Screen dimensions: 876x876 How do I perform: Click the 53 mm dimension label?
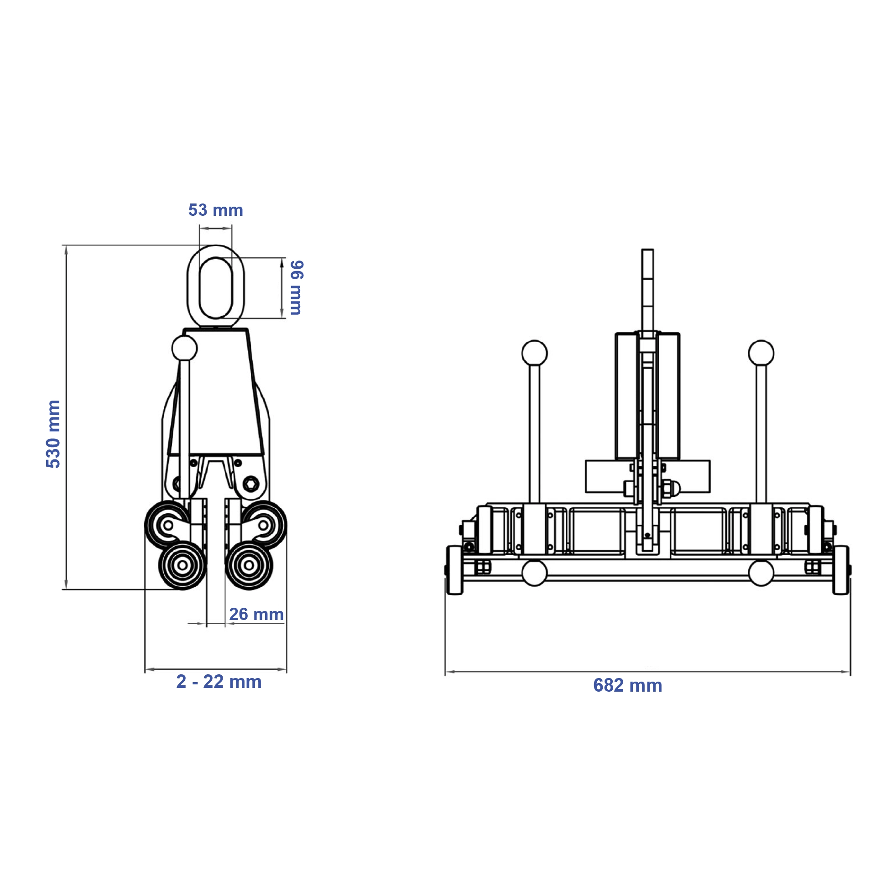(215, 210)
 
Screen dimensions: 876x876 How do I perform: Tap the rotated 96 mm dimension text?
(296, 287)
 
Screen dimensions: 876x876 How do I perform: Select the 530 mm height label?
(53, 433)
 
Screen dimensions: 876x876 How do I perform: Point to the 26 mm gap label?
(256, 614)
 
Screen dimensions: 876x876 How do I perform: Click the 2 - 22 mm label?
(219, 682)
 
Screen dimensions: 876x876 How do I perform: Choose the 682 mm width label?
(627, 685)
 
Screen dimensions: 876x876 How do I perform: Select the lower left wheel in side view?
(182, 565)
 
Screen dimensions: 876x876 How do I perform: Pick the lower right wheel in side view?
(249, 565)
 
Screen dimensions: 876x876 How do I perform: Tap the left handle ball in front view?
(534, 353)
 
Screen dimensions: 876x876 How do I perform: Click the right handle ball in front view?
(761, 353)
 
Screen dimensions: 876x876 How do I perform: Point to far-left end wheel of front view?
(454, 570)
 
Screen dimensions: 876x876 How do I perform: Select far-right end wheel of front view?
(840, 570)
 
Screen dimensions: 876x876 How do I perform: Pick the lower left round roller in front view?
(534, 573)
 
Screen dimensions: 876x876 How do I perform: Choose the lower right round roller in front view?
(761, 573)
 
